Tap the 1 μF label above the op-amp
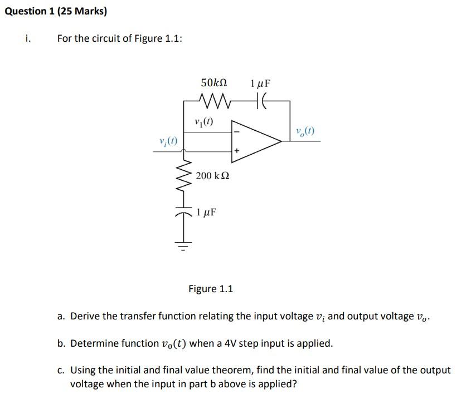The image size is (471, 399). (x=260, y=83)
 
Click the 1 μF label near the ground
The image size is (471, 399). (x=207, y=213)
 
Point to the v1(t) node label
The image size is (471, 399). (x=203, y=122)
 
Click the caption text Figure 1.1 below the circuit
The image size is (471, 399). (x=211, y=289)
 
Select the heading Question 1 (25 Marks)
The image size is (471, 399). (x=55, y=11)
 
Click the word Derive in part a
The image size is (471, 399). (x=85, y=316)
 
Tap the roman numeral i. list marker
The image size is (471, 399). (x=28, y=38)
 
